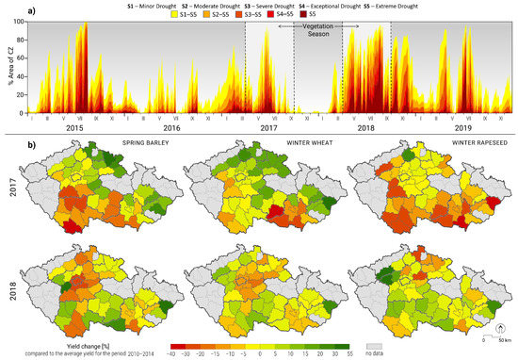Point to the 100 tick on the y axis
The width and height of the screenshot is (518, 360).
point(18,21)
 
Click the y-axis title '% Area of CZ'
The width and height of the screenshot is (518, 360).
point(7,66)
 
